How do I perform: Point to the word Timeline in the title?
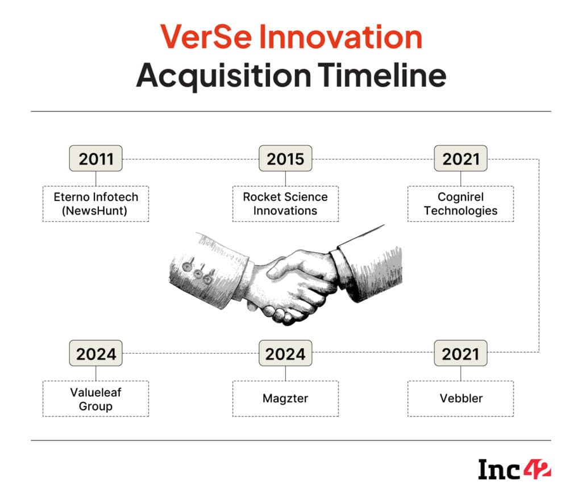tap(381, 76)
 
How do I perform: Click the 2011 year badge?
tap(95, 159)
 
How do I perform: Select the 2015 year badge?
tap(285, 159)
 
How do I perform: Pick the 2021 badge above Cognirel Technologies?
tap(460, 159)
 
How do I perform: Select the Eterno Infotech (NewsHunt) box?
tap(95, 204)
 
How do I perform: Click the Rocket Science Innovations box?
tap(285, 204)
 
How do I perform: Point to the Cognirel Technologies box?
tap(460, 204)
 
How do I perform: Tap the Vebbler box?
tap(460, 399)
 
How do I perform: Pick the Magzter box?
tap(285, 399)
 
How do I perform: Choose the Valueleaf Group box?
tap(95, 399)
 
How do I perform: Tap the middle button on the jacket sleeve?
tap(198, 274)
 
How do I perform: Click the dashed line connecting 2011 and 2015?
tap(190, 159)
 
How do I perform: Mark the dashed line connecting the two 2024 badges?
tap(190, 353)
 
